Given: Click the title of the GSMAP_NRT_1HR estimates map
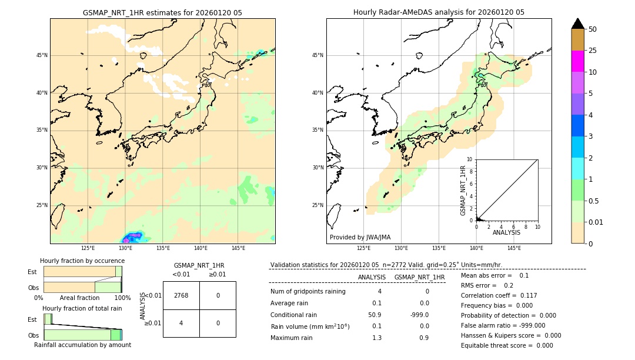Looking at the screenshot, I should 162,12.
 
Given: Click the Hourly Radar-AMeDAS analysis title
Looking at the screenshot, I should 439,12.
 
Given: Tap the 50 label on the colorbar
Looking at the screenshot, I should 593,29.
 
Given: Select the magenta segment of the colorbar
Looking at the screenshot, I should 577,61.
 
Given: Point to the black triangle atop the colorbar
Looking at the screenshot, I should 577,24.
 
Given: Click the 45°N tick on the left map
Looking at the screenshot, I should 42,55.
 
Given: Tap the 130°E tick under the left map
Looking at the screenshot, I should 125,248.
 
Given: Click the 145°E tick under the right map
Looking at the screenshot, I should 514,248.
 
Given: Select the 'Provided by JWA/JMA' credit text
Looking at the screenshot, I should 360,237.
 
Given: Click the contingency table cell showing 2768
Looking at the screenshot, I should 181,295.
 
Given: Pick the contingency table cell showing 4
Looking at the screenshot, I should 181,323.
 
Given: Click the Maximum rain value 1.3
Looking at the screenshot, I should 376,338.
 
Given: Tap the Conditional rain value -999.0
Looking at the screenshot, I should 419,315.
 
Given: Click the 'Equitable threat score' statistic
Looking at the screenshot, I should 507,345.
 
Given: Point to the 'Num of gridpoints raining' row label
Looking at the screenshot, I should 308,292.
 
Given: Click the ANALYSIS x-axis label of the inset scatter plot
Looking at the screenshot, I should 506,233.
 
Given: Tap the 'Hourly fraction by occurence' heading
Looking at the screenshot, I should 82,261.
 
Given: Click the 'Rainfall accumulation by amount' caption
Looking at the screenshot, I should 82,345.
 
